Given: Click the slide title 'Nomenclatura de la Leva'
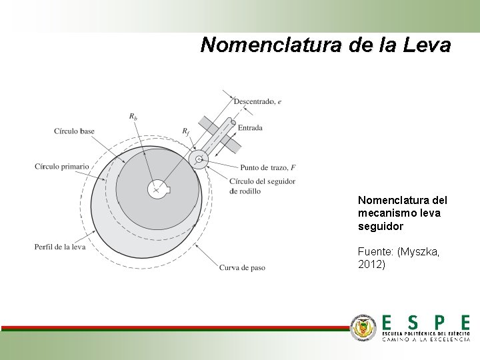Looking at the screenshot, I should click(325, 45).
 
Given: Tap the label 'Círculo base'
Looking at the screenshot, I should click(74, 131).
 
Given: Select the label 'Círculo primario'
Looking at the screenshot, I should click(61, 166).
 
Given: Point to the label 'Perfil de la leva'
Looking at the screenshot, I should click(60, 247).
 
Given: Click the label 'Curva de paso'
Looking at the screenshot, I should click(242, 268).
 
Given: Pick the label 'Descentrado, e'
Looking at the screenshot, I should click(257, 101).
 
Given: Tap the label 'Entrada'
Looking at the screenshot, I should click(250, 127).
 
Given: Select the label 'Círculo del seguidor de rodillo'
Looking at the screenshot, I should click(261, 186).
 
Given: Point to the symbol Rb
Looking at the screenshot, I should click(133, 117).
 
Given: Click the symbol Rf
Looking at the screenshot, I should click(186, 131).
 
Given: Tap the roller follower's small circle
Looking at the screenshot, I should click(199, 159).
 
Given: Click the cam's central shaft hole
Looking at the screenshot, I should click(157, 189).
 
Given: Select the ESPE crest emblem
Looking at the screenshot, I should click(364, 327).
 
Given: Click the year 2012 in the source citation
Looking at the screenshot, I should click(371, 265).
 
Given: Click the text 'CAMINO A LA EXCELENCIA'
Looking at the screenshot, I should click(426, 339).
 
